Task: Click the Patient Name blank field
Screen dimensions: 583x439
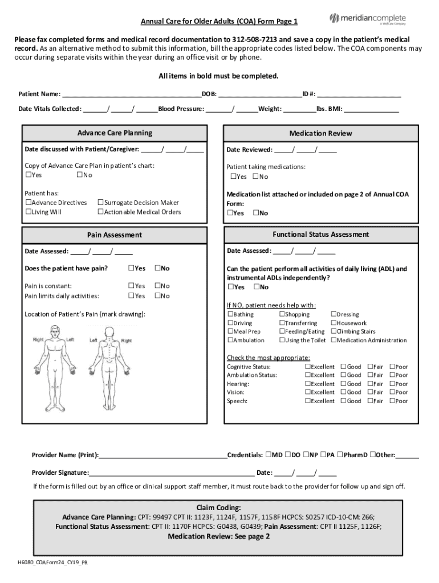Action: tap(131, 95)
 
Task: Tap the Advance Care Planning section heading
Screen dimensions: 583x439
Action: tap(115, 133)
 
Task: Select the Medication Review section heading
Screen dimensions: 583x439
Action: tap(320, 134)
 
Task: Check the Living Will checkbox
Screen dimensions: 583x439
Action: tap(28, 212)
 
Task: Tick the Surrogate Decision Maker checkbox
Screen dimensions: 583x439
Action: tap(100, 203)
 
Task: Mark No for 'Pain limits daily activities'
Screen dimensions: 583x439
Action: tap(157, 296)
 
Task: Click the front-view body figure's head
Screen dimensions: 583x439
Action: tap(55, 332)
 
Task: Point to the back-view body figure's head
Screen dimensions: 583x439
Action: tap(108, 332)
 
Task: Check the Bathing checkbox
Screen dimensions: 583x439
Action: tap(230, 314)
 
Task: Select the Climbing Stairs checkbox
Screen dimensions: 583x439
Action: tap(334, 331)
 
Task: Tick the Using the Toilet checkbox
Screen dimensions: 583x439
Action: tap(282, 340)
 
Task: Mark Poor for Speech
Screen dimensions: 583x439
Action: tap(392, 401)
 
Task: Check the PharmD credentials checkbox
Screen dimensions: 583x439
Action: tap(340, 455)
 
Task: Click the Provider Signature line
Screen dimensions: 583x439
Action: tap(171, 473)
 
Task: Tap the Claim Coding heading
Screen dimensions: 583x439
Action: tap(218, 507)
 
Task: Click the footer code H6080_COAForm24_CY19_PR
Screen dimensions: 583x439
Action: tap(52, 563)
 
